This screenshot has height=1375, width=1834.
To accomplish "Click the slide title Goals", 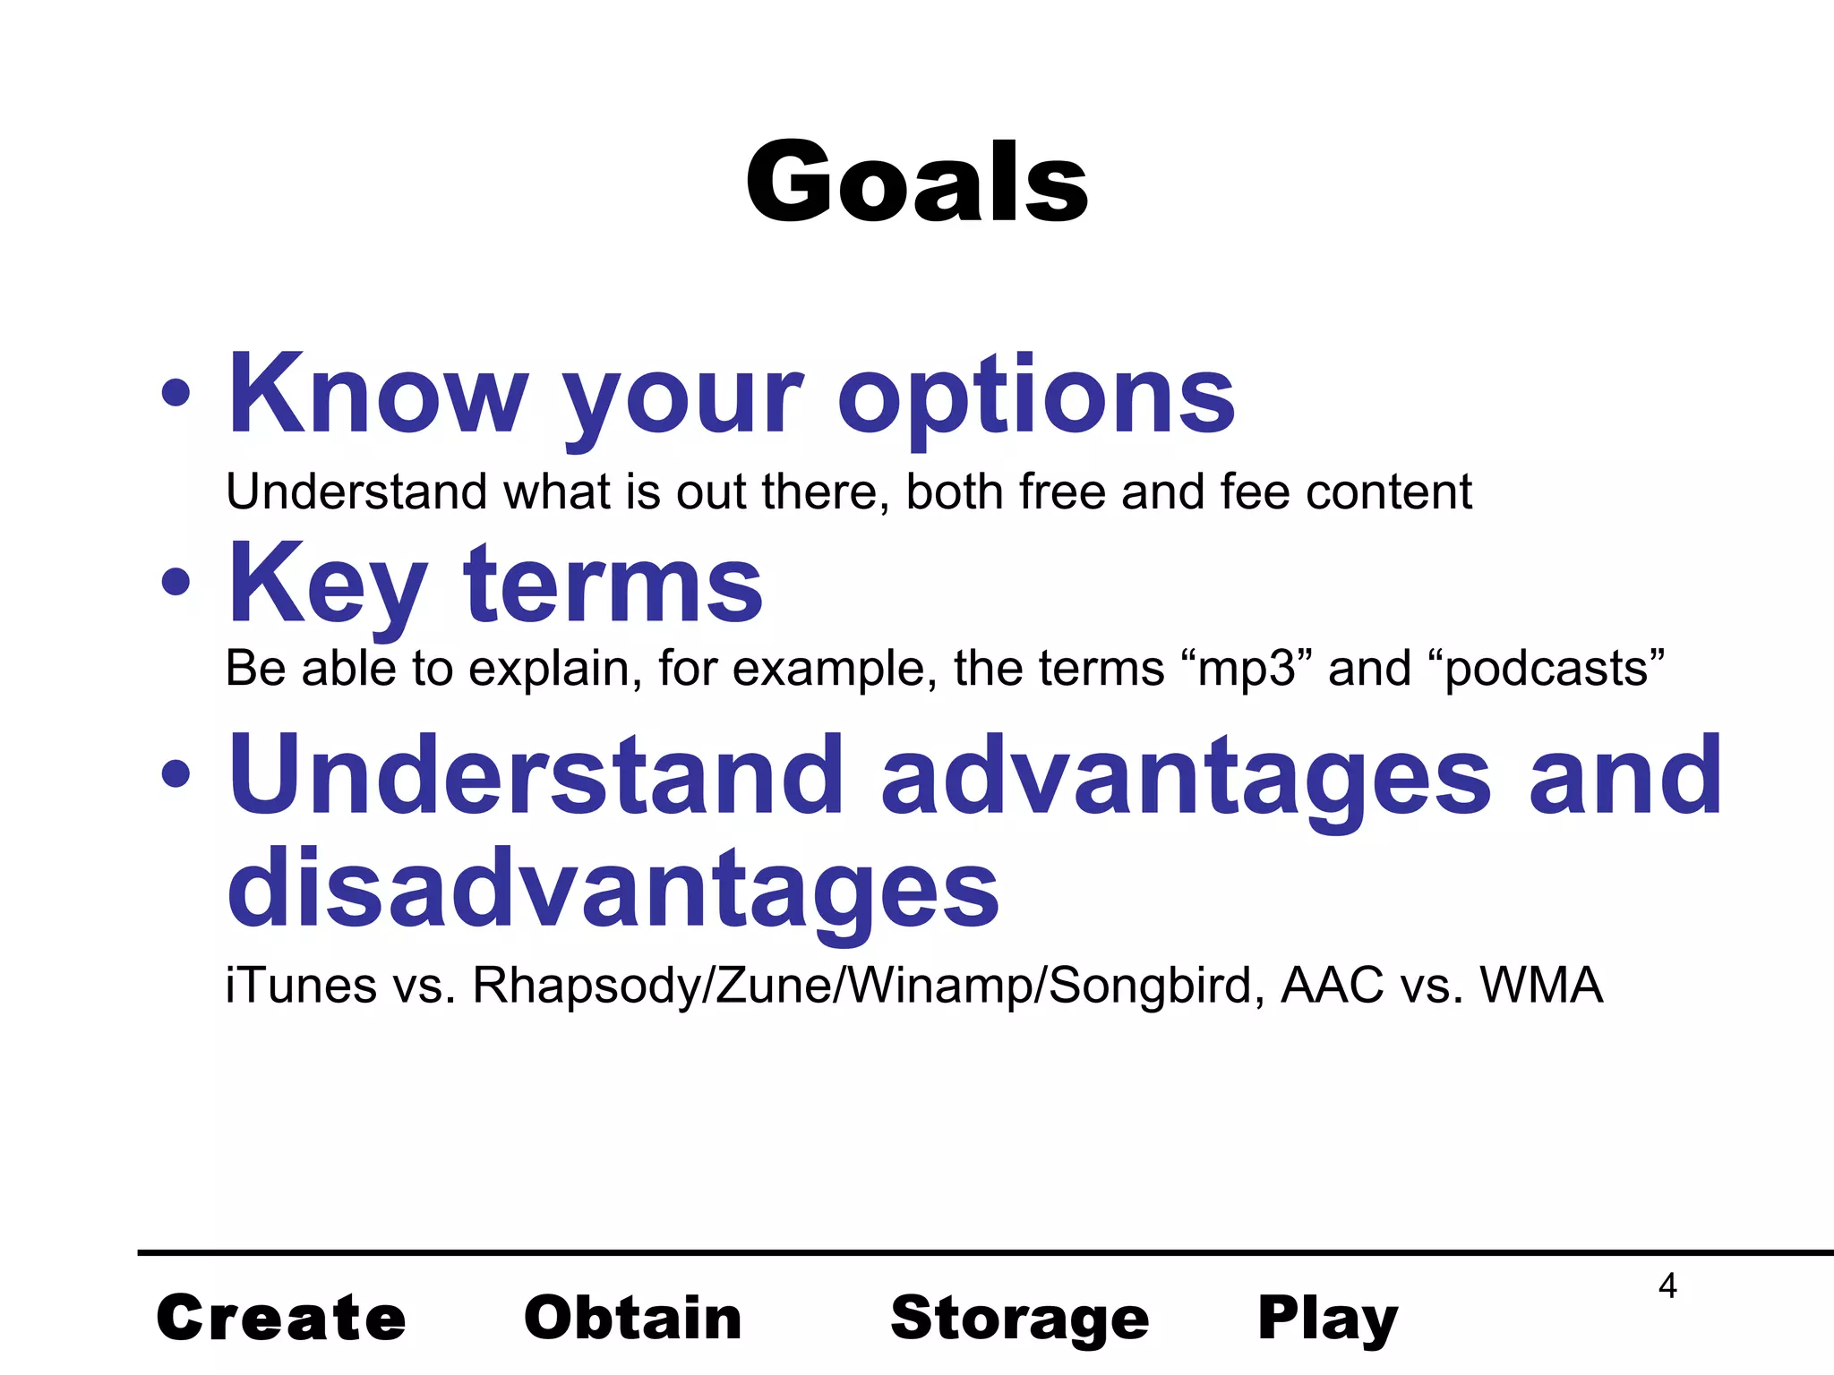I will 916,184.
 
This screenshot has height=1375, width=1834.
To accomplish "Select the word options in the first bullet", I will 1036,398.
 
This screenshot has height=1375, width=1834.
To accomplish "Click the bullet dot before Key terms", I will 176,583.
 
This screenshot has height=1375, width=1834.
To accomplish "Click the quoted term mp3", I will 1247,669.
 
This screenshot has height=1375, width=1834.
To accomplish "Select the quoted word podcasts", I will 1547,670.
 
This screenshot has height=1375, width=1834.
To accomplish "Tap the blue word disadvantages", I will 613,888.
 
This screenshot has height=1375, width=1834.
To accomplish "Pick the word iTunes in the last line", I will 301,986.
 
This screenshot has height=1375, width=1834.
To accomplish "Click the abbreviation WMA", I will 1540,986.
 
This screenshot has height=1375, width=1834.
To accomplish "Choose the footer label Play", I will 1327,1319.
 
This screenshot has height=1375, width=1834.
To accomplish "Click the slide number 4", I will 1667,1285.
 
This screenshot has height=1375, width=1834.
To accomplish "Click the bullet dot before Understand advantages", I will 176,773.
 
